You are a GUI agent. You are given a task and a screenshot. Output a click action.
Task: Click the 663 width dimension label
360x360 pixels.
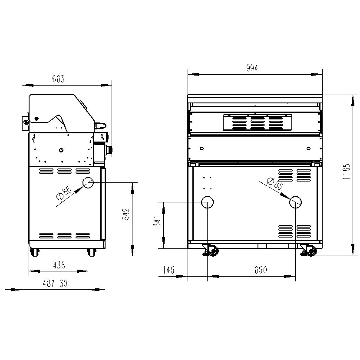(58, 79)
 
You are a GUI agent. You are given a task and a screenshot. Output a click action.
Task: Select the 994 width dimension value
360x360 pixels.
(252, 68)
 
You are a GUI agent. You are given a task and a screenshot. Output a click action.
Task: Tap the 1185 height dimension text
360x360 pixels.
(346, 172)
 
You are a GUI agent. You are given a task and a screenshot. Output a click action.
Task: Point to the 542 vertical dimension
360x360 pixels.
(126, 214)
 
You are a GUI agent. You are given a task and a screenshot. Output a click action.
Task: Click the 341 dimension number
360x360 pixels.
(158, 221)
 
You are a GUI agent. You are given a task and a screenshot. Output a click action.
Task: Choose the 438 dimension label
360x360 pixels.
(59, 265)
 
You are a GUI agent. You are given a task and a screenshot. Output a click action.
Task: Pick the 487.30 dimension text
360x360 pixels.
(55, 284)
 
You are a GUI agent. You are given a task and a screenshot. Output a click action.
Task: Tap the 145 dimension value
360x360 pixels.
(169, 270)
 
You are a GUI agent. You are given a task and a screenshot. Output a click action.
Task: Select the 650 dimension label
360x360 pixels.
(261, 270)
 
